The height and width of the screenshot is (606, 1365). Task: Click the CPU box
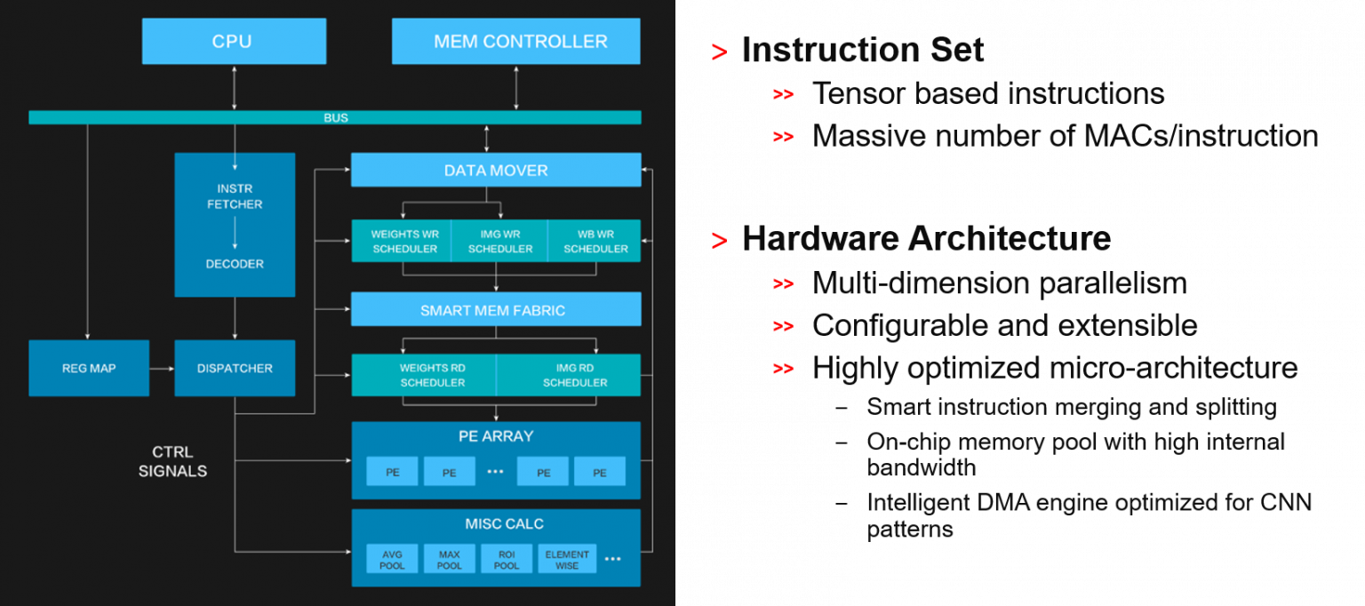click(x=234, y=42)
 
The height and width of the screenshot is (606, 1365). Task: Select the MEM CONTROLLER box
click(x=515, y=42)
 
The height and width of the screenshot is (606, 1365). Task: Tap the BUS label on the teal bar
click(x=335, y=117)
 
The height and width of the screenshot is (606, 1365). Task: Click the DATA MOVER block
click(x=496, y=170)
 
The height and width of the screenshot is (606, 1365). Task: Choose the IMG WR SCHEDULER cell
click(x=499, y=241)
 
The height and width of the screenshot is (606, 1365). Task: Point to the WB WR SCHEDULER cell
click(x=595, y=241)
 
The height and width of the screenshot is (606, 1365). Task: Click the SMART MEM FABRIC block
click(x=496, y=310)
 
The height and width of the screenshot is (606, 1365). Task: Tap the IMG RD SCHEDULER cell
click(x=569, y=375)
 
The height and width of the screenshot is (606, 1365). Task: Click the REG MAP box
click(x=89, y=368)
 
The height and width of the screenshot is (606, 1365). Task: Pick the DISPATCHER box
click(x=235, y=368)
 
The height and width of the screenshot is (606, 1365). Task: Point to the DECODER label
click(x=235, y=264)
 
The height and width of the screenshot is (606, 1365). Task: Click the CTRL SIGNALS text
click(x=172, y=462)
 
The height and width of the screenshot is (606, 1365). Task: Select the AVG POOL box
click(x=392, y=560)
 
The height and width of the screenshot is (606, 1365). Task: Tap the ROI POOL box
click(x=506, y=560)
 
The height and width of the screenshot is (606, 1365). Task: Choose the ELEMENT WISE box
click(x=567, y=560)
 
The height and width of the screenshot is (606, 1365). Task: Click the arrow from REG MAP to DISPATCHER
click(x=162, y=368)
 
